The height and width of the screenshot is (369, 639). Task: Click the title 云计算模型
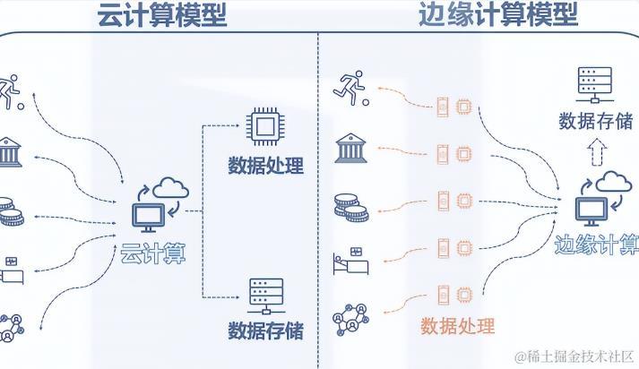click(160, 14)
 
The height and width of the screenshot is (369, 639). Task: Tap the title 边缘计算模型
click(497, 14)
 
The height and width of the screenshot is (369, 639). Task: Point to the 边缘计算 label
click(597, 245)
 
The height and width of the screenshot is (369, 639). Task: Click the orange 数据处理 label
click(457, 324)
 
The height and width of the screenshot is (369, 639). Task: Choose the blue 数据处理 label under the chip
click(265, 166)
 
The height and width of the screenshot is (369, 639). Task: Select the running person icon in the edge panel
click(350, 86)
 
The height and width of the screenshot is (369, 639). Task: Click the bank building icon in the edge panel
click(350, 149)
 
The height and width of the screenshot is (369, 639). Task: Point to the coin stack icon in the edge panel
click(350, 206)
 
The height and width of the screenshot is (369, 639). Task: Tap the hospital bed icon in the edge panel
click(350, 262)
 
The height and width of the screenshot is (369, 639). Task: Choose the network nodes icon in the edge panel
click(350, 318)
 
